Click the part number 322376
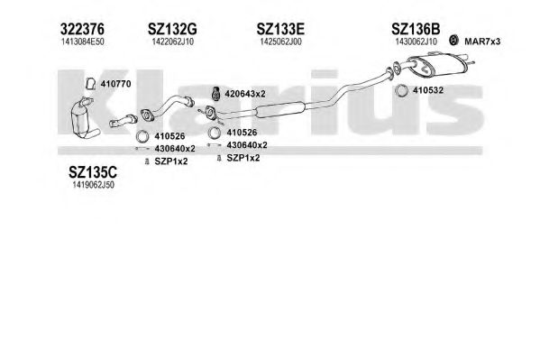coord(82,29)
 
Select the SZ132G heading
coord(172,29)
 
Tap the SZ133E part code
coord(280,29)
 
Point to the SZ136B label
coord(416,29)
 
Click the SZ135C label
coord(93,171)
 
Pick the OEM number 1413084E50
coord(82,42)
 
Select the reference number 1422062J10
coord(172,42)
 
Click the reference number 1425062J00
coord(280,42)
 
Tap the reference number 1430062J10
coord(416,42)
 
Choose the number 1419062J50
coord(93,185)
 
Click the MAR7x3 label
coord(482,42)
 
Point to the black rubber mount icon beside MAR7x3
coord(453,41)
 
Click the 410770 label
coord(115,84)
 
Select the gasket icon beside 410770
coord(91,84)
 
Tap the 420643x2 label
coord(245,94)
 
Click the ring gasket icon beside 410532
coord(401,91)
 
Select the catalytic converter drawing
coord(84,118)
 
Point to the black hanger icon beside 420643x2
coord(216,94)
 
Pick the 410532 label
coord(427,90)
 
